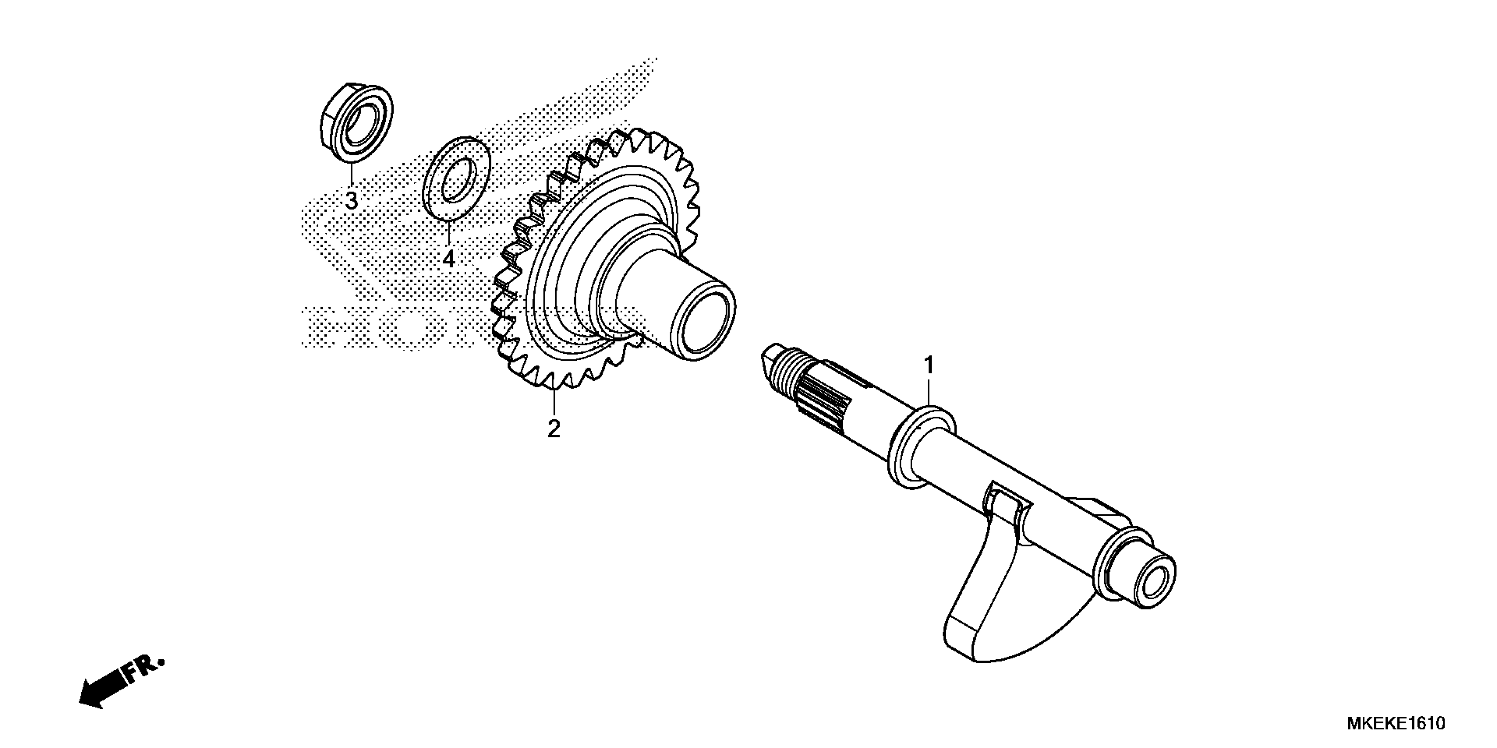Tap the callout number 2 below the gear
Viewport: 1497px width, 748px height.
coord(554,429)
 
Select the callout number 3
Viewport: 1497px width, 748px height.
coord(352,201)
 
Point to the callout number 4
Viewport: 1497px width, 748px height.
coord(448,258)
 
